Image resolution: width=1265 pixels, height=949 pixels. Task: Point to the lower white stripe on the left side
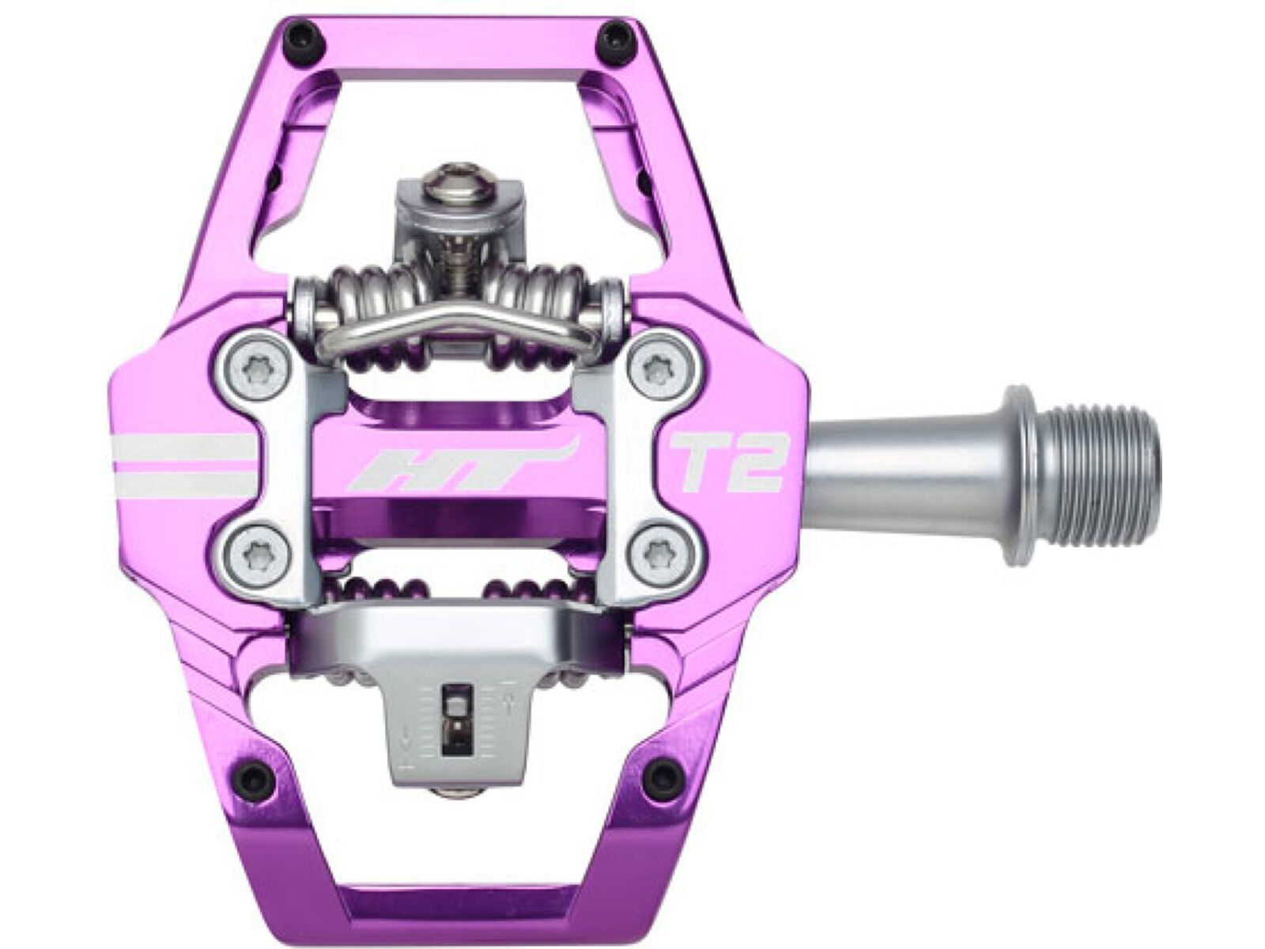point(188,481)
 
